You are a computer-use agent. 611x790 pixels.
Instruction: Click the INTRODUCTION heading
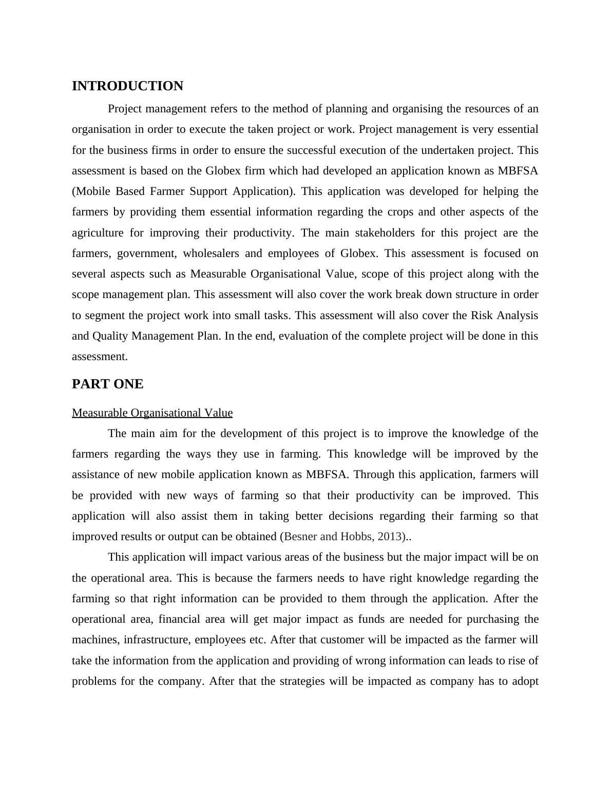[127, 86]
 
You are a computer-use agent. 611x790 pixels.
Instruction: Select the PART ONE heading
[107, 384]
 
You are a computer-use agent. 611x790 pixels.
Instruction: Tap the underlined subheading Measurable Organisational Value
[152, 413]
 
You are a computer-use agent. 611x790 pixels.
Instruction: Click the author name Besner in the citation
[300, 537]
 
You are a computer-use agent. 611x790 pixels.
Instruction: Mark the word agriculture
[98, 233]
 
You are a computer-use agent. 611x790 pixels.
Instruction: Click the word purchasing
[492, 619]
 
